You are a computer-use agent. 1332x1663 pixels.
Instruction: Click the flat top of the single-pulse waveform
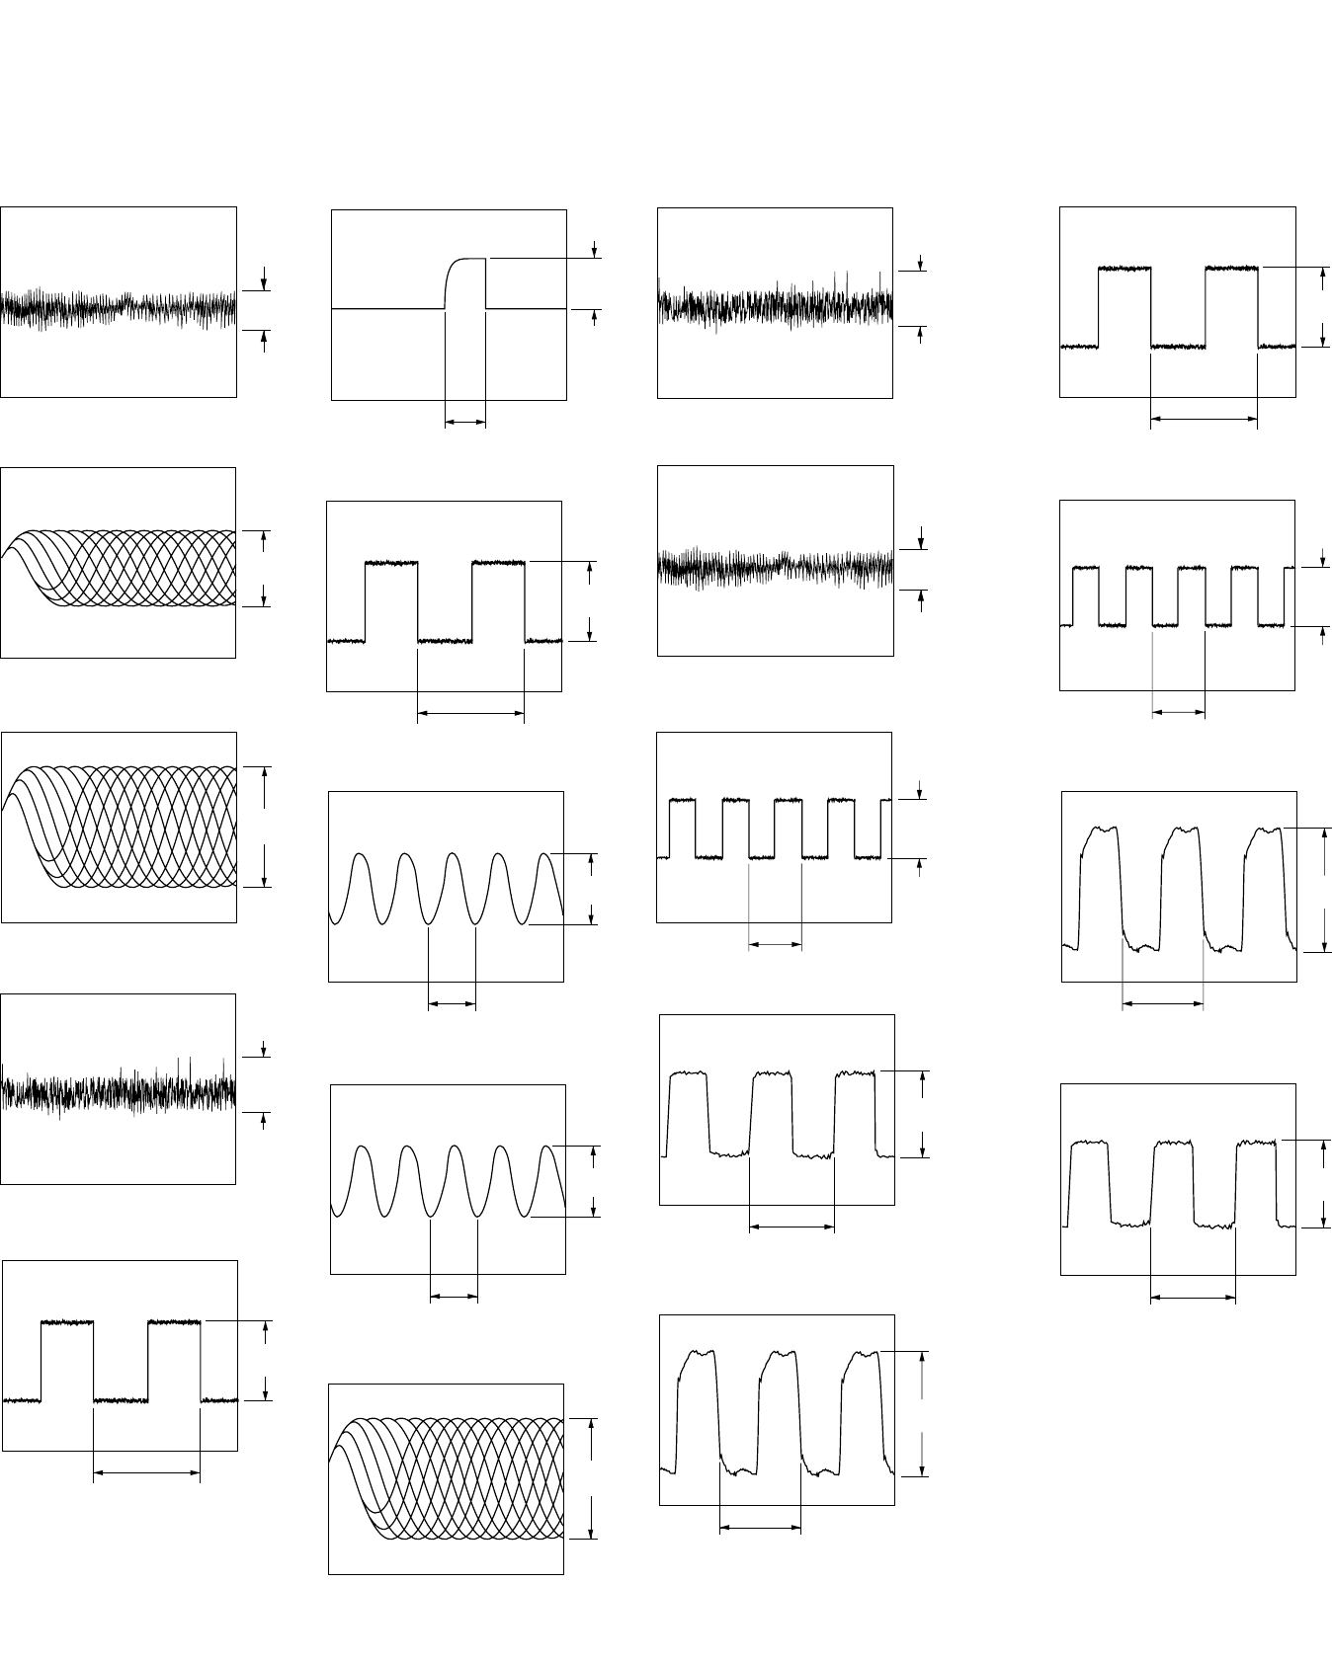(471, 259)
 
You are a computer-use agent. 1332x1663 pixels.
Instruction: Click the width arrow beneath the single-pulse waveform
(465, 423)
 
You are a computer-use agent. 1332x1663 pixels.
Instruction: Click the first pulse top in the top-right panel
(1125, 268)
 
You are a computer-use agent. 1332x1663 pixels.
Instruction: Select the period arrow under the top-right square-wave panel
(1204, 420)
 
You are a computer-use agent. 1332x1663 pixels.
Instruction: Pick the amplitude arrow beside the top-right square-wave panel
(1323, 307)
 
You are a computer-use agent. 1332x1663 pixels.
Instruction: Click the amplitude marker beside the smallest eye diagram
(264, 568)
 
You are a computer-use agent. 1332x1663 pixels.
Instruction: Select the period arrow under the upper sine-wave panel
(452, 1005)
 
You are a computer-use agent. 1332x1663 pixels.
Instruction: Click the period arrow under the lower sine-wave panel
(454, 1298)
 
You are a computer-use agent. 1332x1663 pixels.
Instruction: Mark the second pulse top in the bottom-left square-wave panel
(174, 1321)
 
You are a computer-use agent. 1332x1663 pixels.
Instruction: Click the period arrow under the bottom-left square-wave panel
(146, 1474)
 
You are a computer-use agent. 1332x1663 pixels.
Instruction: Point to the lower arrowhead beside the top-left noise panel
(264, 338)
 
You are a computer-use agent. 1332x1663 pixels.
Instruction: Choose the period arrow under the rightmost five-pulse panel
(1179, 711)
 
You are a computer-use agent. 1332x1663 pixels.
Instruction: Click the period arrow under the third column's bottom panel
(759, 1529)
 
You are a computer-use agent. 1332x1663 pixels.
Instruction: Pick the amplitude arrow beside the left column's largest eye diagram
(265, 826)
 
